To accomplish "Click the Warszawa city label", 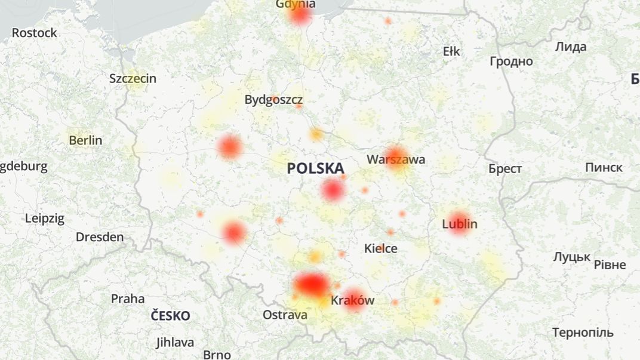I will [396, 159].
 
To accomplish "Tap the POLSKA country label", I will [315, 168].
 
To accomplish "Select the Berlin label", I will [85, 140].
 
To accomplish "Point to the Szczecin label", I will [133, 78].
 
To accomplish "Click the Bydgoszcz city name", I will [273, 100].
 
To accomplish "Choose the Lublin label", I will [460, 224].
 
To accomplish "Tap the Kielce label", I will [381, 248].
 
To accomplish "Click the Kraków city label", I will [352, 300].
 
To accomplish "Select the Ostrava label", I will [285, 315].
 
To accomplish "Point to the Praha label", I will [128, 298].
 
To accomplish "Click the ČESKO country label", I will [171, 316].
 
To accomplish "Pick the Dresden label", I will [100, 237].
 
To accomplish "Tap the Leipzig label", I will [44, 218].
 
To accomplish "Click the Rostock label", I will [35, 33].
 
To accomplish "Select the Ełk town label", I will [451, 51].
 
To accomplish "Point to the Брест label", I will [505, 168].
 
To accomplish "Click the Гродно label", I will [511, 61].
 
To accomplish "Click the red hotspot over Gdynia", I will [300, 16].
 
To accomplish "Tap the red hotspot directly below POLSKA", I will [333, 190].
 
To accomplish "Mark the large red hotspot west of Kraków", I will [311, 284].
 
